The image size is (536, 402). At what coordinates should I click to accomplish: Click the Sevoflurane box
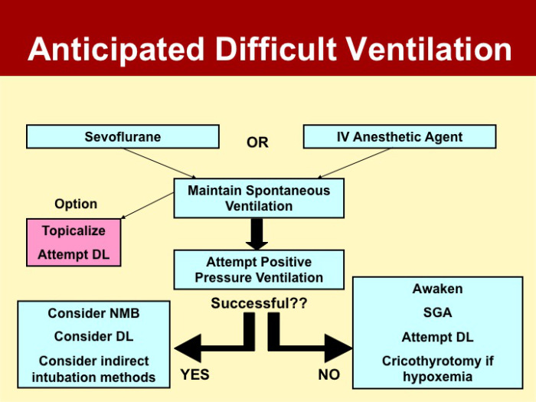pos(123,137)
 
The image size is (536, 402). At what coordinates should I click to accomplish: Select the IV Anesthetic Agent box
pos(400,137)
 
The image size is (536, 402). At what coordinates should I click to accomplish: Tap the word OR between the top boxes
pos(257,142)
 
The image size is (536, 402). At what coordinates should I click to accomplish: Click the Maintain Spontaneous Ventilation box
pos(259,198)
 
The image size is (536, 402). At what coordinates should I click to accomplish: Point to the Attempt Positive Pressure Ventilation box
pos(259,270)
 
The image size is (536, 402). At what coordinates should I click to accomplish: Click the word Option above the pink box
pos(76,204)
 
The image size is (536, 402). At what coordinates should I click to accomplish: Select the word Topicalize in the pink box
pos(74,230)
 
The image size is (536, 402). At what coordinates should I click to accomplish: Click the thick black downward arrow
pos(258,233)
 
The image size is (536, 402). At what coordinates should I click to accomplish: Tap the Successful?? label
pos(259,303)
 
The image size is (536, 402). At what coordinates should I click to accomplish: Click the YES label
pos(194,375)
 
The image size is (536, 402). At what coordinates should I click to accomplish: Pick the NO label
pos(328,375)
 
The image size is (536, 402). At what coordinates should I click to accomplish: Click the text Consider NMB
pos(93,313)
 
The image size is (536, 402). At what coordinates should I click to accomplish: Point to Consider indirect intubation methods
pos(93,369)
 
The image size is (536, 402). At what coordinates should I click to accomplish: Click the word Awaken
pos(437,289)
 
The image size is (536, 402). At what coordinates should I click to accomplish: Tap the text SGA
pos(437,312)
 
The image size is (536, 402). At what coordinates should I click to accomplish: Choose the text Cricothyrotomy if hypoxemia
pos(437,368)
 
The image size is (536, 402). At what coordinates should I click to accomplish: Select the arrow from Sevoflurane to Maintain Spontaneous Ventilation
pos(160,162)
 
